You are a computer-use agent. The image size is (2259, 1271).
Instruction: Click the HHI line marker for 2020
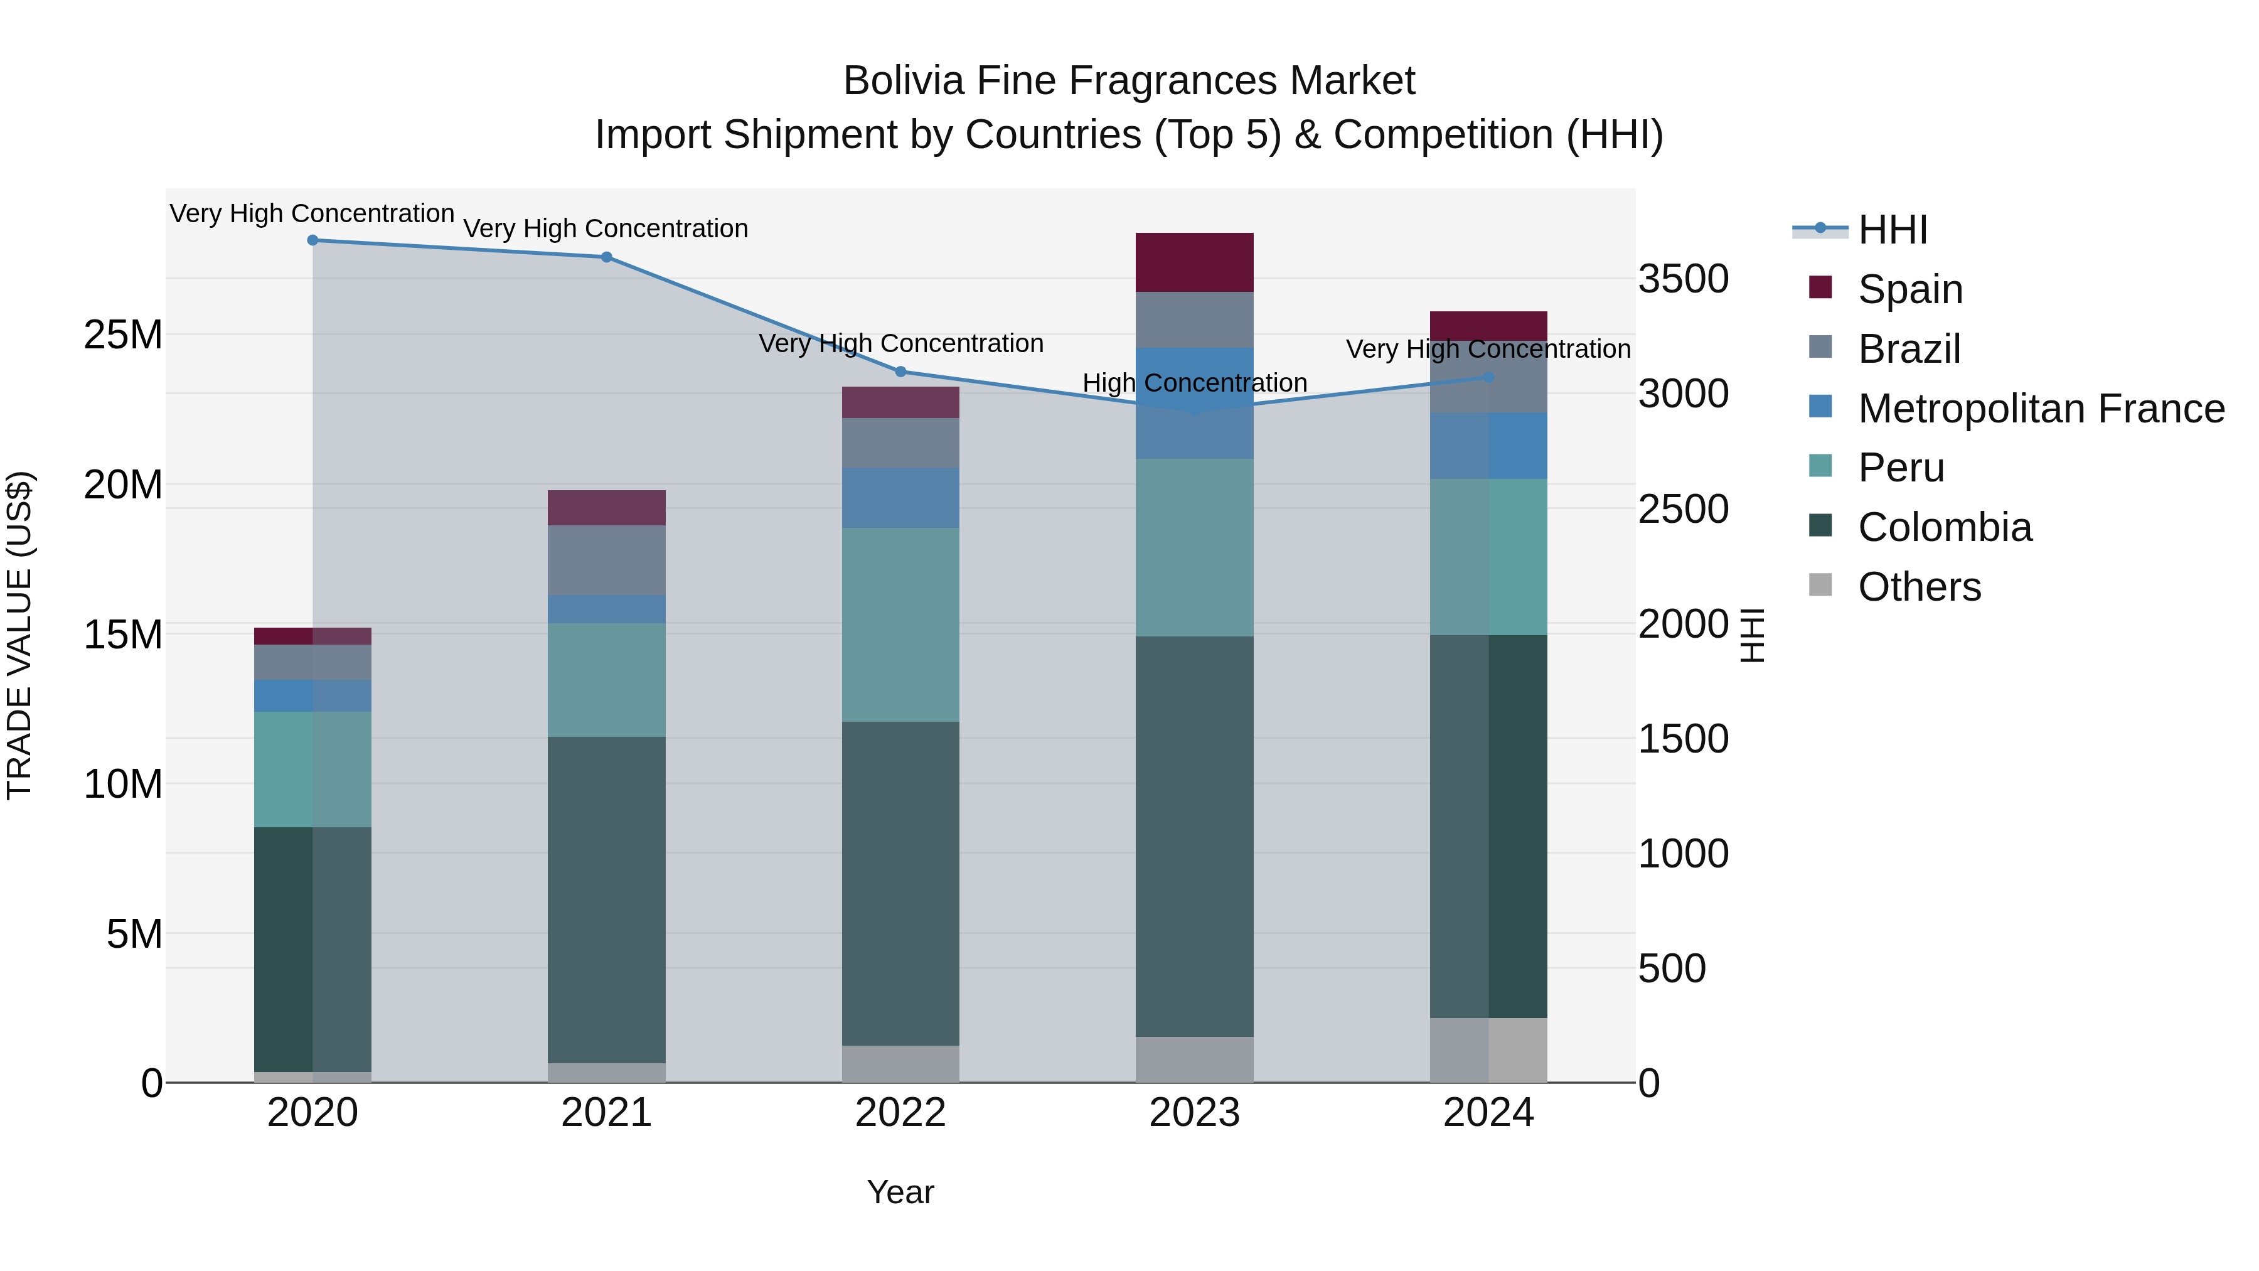tap(312, 240)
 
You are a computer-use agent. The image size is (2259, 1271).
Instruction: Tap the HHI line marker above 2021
tap(606, 257)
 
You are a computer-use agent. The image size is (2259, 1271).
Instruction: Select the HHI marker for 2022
tap(900, 372)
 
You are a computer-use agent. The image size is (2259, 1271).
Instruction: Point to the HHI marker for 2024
tap(1488, 377)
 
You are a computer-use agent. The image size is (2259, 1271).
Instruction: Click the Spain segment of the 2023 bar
tap(1194, 262)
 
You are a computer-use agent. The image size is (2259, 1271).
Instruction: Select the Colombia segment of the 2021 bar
tap(606, 899)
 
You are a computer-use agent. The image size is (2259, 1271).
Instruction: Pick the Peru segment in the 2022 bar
tap(900, 625)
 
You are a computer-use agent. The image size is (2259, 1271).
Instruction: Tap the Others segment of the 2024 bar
tap(1488, 1050)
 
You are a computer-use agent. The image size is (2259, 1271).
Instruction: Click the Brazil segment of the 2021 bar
tap(606, 560)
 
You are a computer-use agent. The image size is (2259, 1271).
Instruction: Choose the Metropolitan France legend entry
tap(2040, 409)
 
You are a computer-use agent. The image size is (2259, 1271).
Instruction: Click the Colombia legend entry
tap(1944, 527)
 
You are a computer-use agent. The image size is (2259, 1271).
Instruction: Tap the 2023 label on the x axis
tap(1194, 1113)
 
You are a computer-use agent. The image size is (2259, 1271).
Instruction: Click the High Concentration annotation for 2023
tap(1194, 383)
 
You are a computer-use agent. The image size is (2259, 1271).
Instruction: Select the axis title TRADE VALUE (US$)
tap(19, 635)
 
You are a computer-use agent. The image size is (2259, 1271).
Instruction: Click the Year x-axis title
tap(900, 1192)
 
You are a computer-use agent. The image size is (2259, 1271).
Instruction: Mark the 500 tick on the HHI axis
tap(1672, 968)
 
